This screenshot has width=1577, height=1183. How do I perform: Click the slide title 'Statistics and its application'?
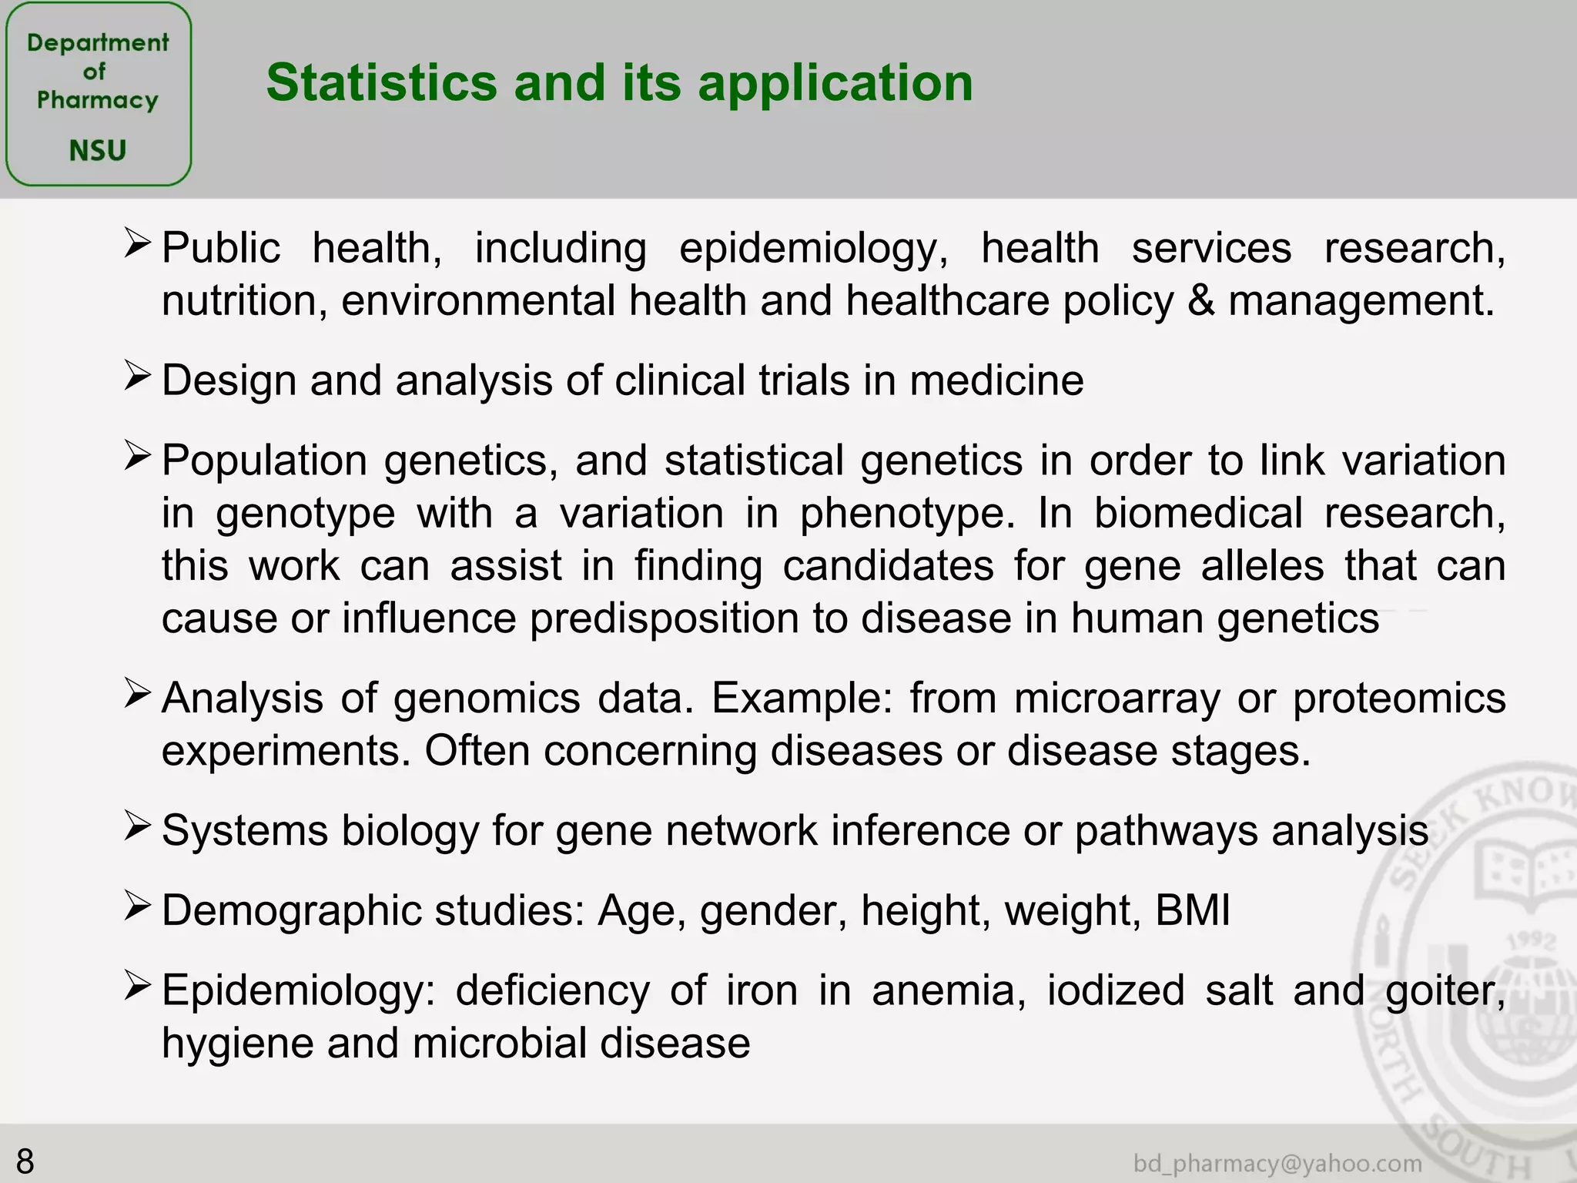coord(619,82)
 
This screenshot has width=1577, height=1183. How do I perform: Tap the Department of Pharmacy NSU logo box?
coord(98,94)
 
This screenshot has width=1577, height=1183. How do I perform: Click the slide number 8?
coord(25,1160)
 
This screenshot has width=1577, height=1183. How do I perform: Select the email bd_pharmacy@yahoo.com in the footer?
coord(1277,1163)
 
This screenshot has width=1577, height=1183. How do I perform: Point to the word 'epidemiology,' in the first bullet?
coord(813,249)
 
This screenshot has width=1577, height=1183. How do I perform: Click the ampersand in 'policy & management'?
coord(1200,300)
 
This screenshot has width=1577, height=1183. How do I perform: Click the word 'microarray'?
coord(1117,699)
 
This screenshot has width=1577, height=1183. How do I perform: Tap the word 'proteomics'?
coord(1398,699)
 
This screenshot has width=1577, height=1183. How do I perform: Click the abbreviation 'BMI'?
coord(1192,910)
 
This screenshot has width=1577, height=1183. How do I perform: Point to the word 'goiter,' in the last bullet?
coord(1445,991)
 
